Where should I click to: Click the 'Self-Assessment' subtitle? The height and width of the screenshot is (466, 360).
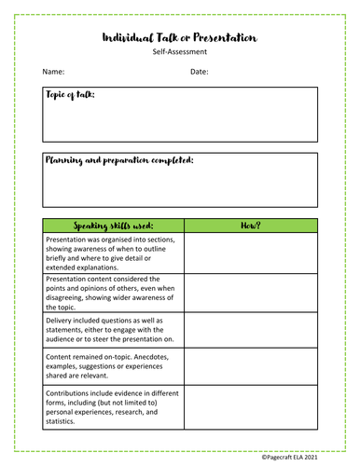179,54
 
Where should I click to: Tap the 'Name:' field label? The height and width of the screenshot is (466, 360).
53,72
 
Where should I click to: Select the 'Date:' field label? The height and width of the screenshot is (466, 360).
200,72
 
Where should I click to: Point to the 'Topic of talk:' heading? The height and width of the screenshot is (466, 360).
70,95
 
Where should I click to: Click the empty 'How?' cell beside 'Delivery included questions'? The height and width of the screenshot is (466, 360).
251,330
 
